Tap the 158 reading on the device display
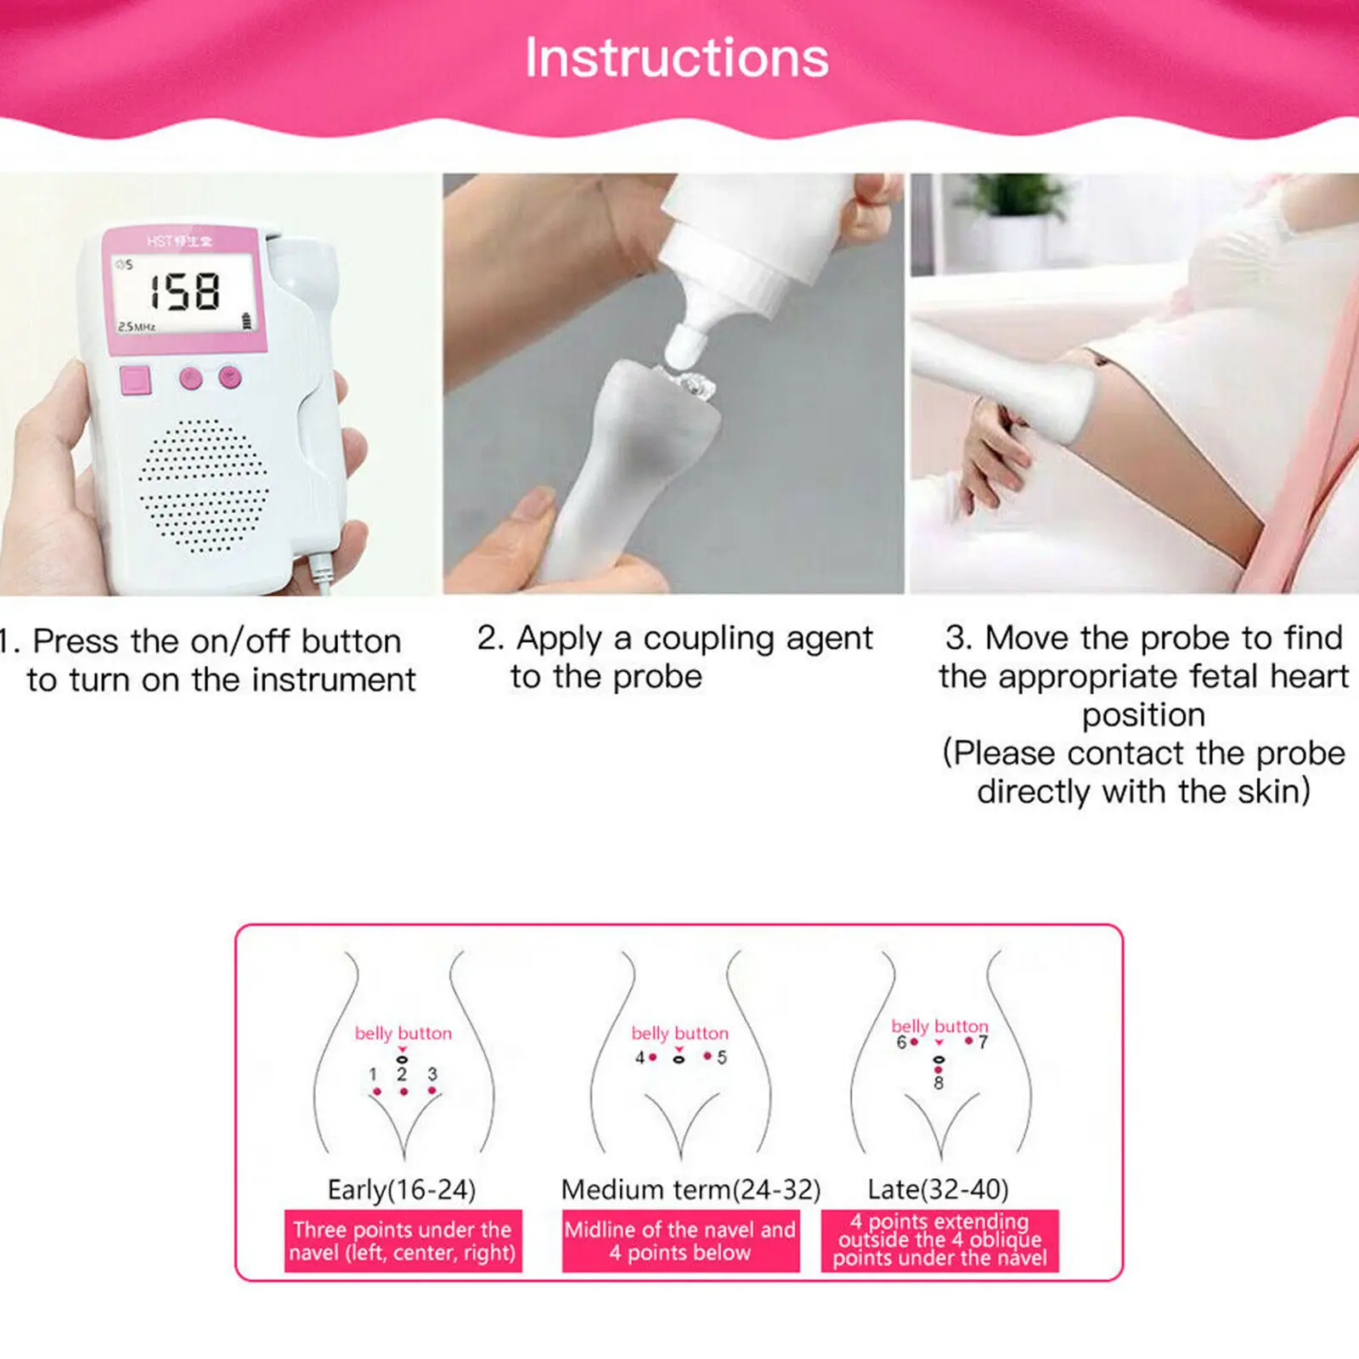click(186, 292)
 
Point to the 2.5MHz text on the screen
click(137, 327)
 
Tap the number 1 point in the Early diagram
click(376, 1091)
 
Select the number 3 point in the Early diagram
click(432, 1090)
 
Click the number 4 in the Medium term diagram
click(640, 1057)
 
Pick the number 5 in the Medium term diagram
click(722, 1057)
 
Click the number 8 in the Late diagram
click(939, 1083)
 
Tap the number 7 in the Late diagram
click(983, 1042)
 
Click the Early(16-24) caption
click(402, 1189)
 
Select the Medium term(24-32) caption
click(691, 1189)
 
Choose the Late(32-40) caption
click(938, 1189)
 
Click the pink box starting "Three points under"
click(403, 1241)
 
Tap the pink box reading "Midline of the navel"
click(680, 1241)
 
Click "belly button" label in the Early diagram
click(403, 1034)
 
